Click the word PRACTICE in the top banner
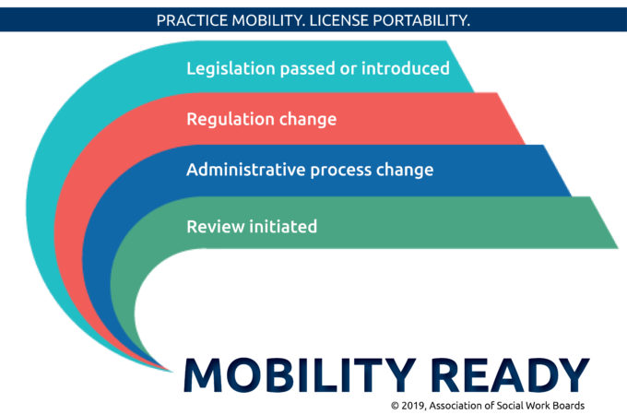[193, 20]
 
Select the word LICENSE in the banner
[338, 20]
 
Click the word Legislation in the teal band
[231, 69]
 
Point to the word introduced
[406, 68]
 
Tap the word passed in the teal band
[307, 69]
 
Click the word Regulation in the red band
[231, 120]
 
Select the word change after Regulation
[307, 119]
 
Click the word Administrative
[246, 170]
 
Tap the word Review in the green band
[216, 226]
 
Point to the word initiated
[283, 226]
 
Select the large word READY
[510, 374]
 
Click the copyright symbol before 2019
[395, 406]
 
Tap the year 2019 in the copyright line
[413, 406]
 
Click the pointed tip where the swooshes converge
[172, 372]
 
